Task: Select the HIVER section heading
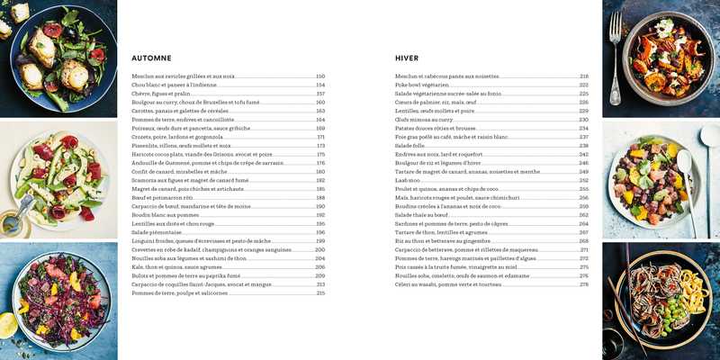pyautogui.click(x=407, y=58)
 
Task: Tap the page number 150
pyautogui.click(x=319, y=76)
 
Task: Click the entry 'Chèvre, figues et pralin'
pyautogui.click(x=161, y=94)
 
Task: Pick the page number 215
pyautogui.click(x=319, y=292)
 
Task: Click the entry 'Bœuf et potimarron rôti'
pyautogui.click(x=162, y=198)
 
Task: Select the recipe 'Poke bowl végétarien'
pyautogui.click(x=427, y=85)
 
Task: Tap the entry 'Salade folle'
pyautogui.click(x=409, y=146)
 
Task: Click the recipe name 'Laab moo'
pyautogui.click(x=408, y=180)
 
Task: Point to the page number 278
pyautogui.click(x=583, y=284)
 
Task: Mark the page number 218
pyautogui.click(x=583, y=76)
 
